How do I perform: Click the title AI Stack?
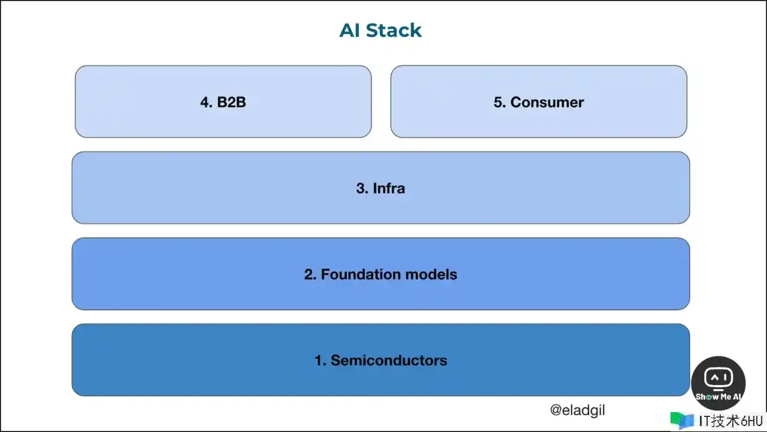(381, 30)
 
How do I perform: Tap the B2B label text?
(231, 102)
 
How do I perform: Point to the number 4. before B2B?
(206, 102)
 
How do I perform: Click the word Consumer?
(547, 102)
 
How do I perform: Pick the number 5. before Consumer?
(500, 102)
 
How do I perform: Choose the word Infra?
(389, 188)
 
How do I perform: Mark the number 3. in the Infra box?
(362, 188)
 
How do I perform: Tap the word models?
(431, 274)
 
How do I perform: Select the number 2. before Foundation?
(310, 274)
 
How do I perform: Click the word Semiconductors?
(389, 360)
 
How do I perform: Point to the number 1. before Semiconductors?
(320, 360)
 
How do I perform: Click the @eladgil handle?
(577, 410)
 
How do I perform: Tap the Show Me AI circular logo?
(718, 383)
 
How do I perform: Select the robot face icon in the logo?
(718, 377)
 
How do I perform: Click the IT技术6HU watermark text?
(730, 421)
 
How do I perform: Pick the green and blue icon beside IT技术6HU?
(682, 420)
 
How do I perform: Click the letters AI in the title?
(349, 30)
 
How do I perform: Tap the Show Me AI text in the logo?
(718, 397)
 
